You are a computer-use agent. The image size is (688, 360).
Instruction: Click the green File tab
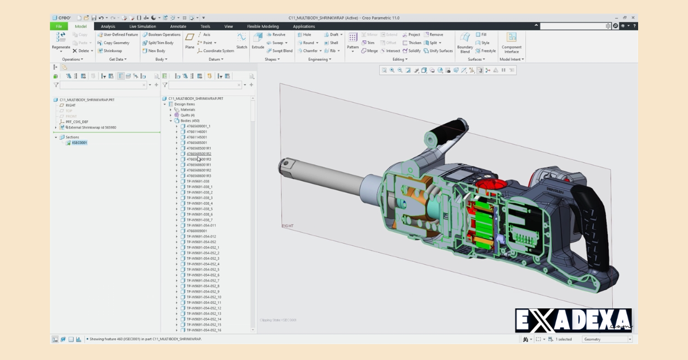58,26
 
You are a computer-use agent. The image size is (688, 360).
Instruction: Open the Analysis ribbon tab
108,26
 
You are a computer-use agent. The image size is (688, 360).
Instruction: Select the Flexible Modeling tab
263,26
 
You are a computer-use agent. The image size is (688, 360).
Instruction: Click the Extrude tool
258,40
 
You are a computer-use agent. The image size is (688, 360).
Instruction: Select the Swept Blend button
280,51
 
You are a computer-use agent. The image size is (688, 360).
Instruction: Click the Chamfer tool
309,51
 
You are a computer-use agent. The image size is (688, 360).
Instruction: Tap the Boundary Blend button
464,41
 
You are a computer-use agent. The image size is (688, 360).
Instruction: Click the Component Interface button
511,41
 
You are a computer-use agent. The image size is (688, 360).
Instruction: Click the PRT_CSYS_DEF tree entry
76,122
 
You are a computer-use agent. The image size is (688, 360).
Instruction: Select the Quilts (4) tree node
187,115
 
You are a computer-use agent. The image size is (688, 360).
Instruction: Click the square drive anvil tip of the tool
285,166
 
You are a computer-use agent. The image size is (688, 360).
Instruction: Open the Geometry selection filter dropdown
607,339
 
